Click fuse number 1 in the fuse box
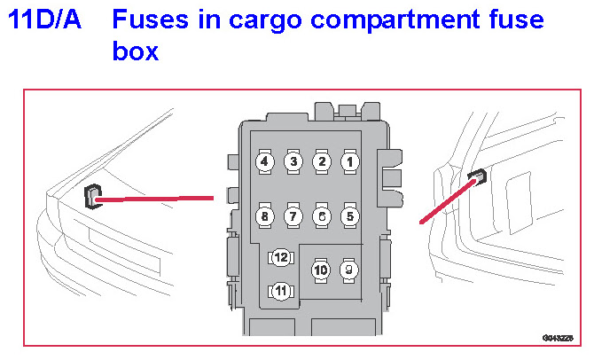[350, 161]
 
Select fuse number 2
[322, 161]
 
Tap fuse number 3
[293, 161]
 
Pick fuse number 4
[264, 161]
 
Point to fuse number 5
[350, 215]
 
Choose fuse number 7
[293, 215]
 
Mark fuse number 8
[264, 215]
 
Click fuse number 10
[321, 269]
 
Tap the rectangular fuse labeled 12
[281, 257]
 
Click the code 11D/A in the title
[44, 20]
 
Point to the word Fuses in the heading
[150, 20]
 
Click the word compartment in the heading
[410, 20]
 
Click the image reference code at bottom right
[559, 338]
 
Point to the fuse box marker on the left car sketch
[92, 196]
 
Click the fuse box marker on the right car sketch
[477, 177]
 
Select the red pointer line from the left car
[155, 200]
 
